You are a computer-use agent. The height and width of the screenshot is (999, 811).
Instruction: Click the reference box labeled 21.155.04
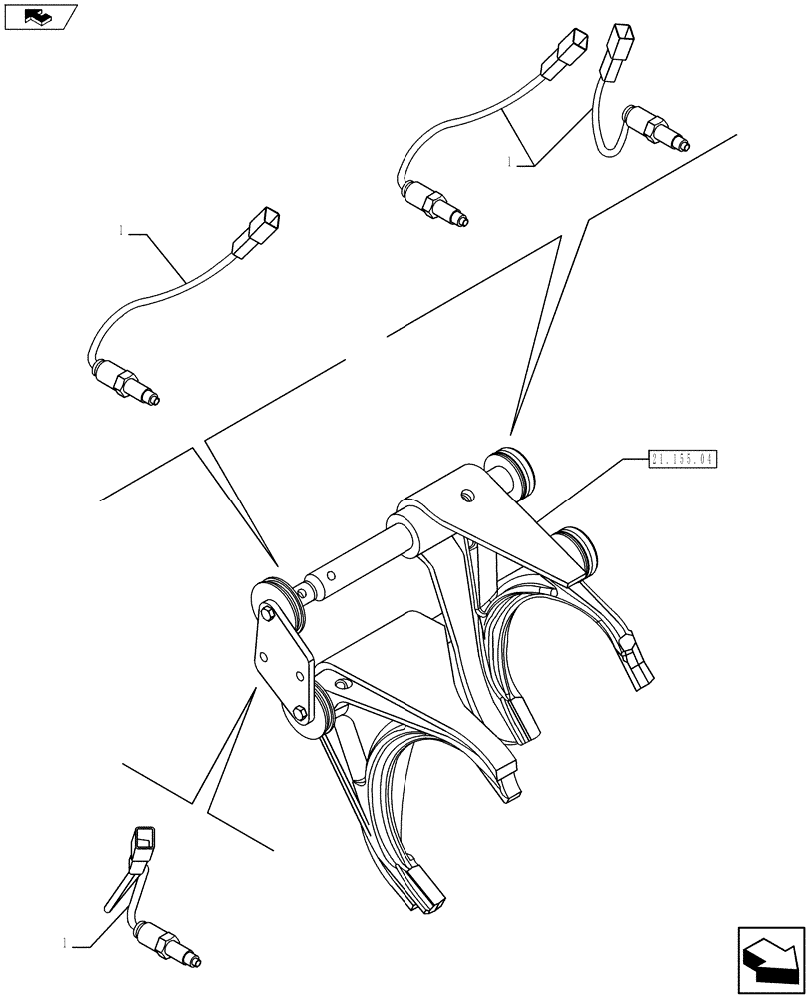point(683,459)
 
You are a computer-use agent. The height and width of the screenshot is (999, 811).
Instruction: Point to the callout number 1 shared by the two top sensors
point(511,160)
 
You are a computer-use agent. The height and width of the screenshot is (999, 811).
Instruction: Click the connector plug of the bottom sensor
point(143,846)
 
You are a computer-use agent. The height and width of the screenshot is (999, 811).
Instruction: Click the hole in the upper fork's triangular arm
point(466,495)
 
